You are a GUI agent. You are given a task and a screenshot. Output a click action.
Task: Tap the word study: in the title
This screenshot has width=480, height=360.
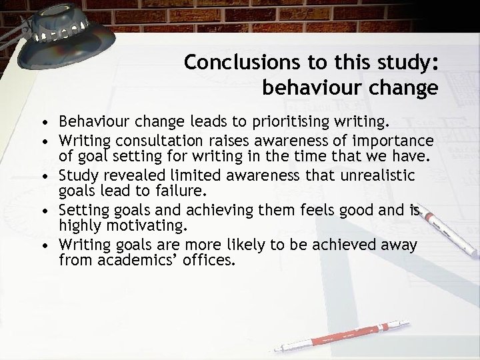(403, 61)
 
